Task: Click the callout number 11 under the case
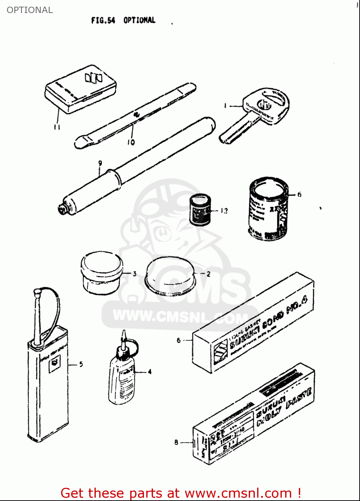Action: (x=57, y=127)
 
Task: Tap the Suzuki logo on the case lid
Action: (x=93, y=78)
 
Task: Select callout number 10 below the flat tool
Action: (x=131, y=142)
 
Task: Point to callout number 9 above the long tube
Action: (x=100, y=163)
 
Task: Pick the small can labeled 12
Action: (x=200, y=210)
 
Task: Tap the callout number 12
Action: (x=224, y=210)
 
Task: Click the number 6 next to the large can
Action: (x=299, y=194)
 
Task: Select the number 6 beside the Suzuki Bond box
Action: (x=179, y=340)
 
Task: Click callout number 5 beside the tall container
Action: (x=81, y=364)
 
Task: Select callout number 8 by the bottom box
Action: (x=176, y=442)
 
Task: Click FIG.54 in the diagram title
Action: (x=103, y=20)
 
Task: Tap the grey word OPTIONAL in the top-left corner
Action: (x=30, y=10)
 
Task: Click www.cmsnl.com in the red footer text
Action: (x=238, y=493)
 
